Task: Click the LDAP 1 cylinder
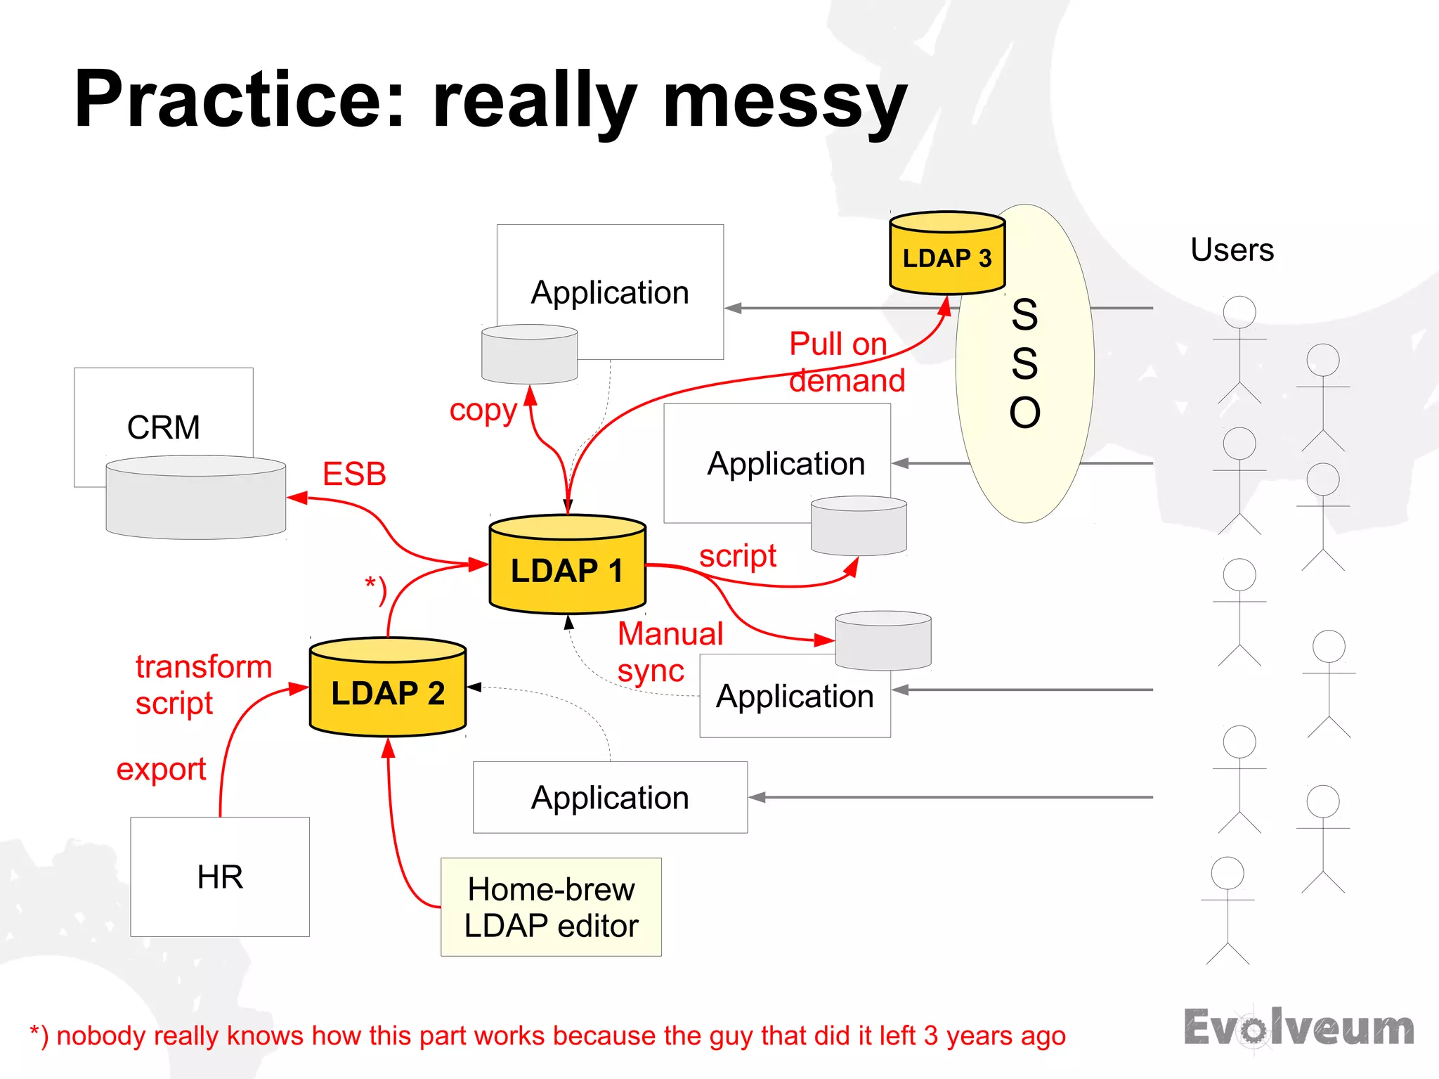click(567, 566)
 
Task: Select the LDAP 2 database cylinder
click(388, 689)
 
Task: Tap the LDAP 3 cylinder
click(946, 254)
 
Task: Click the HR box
click(220, 877)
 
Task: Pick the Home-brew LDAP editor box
click(551, 907)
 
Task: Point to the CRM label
click(163, 427)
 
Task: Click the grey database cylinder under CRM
click(195, 499)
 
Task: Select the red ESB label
click(354, 474)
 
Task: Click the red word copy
click(483, 411)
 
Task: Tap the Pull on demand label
click(845, 363)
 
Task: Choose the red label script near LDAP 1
click(737, 556)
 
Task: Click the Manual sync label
click(669, 652)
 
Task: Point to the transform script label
click(202, 685)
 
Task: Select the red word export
click(161, 769)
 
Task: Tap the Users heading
click(1232, 250)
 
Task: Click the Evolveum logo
click(1298, 1028)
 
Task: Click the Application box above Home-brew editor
click(610, 798)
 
